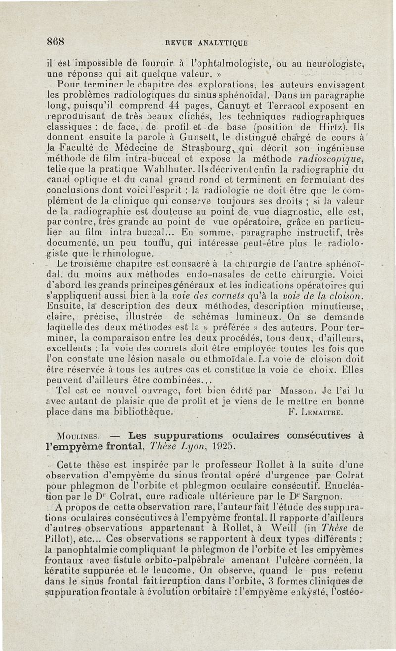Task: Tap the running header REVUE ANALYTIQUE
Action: [206, 43]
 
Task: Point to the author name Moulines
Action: [80, 436]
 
